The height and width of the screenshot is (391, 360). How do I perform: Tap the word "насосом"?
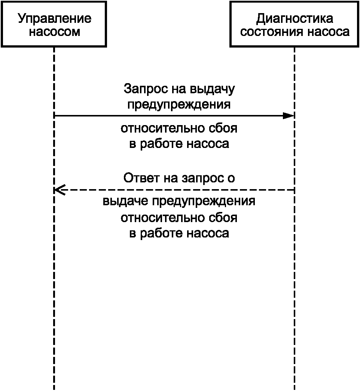pos(54,32)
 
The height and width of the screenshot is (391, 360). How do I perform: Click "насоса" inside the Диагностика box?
pos(328,32)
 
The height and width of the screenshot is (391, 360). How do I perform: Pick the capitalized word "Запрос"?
pos(146,89)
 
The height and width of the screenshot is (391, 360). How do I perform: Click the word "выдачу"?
pos(212,89)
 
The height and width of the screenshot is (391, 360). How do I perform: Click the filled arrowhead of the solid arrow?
pos(289,116)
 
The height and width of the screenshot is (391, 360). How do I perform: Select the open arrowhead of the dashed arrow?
pos(59,190)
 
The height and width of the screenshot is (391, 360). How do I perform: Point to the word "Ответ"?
pos(141,178)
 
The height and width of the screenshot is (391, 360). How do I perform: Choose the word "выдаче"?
pos(125,201)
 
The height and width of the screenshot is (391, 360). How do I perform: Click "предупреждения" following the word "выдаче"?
pos(204,201)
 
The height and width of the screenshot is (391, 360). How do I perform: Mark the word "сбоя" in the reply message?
pos(223,218)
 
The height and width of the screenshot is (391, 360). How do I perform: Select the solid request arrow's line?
pos(174,116)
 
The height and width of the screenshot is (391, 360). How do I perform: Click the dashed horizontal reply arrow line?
pos(174,190)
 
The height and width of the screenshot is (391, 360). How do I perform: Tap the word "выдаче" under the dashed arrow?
pos(125,201)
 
